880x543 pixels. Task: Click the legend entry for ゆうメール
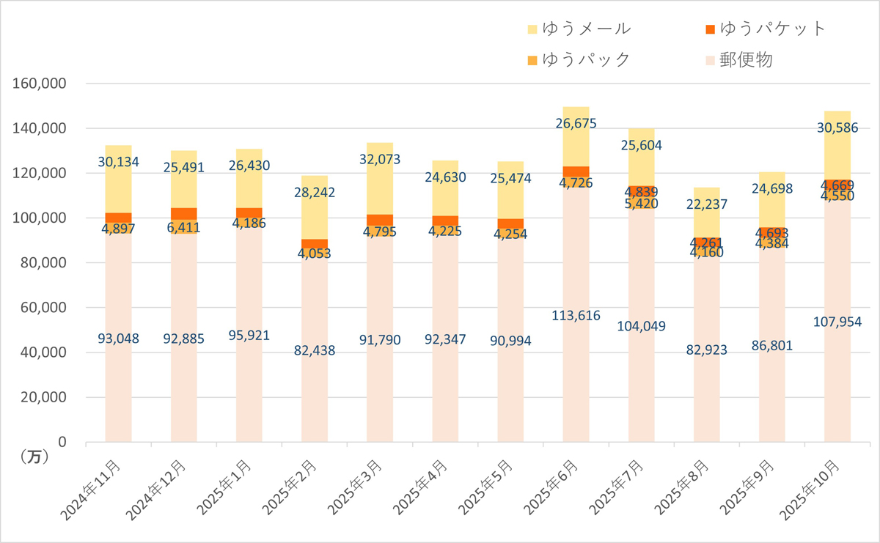point(579,29)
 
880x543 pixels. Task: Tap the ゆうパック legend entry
point(579,59)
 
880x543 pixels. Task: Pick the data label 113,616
point(576,316)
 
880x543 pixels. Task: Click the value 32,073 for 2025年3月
point(380,159)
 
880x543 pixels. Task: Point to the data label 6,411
point(183,228)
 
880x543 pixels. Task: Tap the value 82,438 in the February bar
point(314,350)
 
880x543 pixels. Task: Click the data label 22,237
point(706,204)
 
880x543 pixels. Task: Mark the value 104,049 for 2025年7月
point(641,326)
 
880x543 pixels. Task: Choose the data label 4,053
point(314,254)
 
